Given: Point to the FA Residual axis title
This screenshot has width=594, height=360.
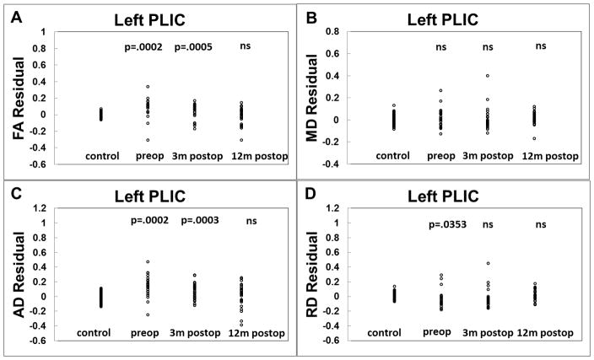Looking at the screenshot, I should coord(16,98).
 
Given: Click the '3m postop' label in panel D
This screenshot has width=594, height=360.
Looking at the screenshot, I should coord(490,330).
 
